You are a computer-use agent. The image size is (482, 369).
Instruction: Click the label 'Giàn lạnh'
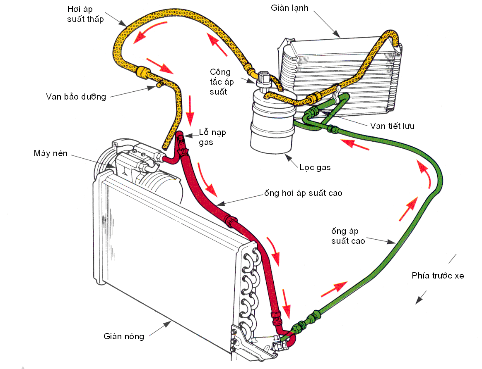pos(289,8)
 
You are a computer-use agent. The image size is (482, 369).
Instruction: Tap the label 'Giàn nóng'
pos(123,336)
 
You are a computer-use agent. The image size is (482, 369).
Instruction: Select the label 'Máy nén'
pos(51,153)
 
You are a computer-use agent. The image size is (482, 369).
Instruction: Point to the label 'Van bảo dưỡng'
pos(76,97)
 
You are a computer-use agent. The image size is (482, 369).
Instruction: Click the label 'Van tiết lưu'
pos(392,126)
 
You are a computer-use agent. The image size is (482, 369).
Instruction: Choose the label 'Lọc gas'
pos(315,167)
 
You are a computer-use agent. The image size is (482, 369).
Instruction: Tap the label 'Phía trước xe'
pos(438,276)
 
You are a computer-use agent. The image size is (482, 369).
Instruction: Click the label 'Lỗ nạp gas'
pos(212,137)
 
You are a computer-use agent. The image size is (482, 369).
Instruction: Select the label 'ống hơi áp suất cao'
pos(303,193)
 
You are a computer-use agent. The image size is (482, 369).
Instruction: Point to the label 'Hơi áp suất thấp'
pos(85,14)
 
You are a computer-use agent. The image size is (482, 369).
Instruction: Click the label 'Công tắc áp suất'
pos(222,82)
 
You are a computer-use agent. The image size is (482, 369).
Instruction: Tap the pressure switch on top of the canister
pos(264,80)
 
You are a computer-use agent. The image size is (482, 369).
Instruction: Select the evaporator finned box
pos(340,77)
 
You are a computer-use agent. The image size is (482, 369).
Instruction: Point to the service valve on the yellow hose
pos(159,84)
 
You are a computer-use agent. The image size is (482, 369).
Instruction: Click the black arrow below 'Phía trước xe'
pos(421,297)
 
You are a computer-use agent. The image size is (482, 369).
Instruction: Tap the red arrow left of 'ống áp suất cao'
pos(409,209)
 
